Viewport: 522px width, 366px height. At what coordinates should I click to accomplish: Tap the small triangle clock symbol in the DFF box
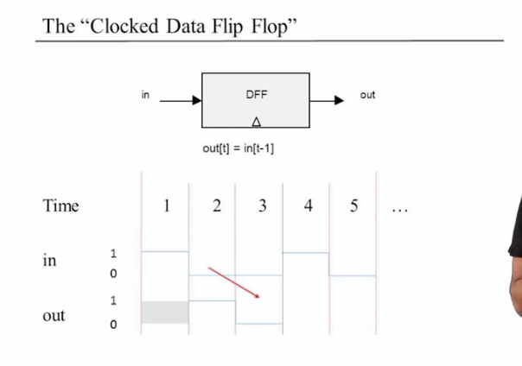click(x=256, y=122)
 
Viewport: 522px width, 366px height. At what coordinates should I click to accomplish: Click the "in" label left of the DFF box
click(x=145, y=94)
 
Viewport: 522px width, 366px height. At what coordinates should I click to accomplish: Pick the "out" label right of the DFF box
click(x=367, y=94)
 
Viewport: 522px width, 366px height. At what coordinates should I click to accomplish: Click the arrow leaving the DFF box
click(x=327, y=100)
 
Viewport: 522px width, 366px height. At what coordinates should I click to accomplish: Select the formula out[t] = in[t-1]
click(x=238, y=148)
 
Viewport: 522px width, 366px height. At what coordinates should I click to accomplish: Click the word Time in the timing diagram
click(x=60, y=205)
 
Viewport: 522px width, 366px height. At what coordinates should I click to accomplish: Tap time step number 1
click(x=167, y=206)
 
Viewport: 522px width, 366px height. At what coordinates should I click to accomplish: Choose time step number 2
click(x=216, y=206)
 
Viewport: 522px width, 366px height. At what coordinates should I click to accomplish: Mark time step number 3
click(x=262, y=206)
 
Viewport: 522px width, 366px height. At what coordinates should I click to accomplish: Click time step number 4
click(x=308, y=206)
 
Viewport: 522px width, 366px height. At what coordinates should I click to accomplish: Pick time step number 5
click(x=353, y=206)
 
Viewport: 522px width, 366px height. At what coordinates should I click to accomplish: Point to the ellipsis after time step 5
click(x=398, y=209)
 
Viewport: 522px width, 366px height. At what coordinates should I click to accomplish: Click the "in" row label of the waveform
click(x=49, y=260)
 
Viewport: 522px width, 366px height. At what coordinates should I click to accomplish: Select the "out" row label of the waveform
click(x=54, y=316)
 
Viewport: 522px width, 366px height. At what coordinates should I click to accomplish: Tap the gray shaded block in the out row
click(x=164, y=312)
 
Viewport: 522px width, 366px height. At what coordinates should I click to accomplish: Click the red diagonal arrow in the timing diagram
click(x=234, y=282)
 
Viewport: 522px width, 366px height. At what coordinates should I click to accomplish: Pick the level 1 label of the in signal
click(x=113, y=254)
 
